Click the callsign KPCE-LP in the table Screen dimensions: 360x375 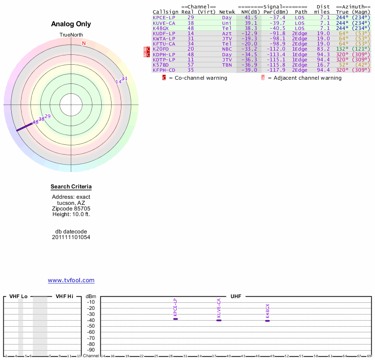pos(164,17)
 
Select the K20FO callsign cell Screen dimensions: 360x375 pos(160,49)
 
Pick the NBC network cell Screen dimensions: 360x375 pos(227,49)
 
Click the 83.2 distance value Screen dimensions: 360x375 pos(323,49)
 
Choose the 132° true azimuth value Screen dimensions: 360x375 pos(342,49)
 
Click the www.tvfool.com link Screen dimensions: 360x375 pos(71,280)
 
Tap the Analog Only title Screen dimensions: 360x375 pos(71,24)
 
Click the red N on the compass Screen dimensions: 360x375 pos(84,44)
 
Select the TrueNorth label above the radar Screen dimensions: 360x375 pos(71,35)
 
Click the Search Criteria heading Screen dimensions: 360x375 pos(71,187)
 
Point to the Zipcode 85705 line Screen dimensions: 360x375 pos(71,209)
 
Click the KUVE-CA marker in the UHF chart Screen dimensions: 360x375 pos(219,320)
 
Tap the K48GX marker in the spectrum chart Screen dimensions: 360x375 pos(268,320)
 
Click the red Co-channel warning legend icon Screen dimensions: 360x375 pos(164,78)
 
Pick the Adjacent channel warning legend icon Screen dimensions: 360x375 pos(263,78)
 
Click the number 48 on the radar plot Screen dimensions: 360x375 pos(35,122)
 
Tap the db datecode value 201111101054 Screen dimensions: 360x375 pos(71,237)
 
